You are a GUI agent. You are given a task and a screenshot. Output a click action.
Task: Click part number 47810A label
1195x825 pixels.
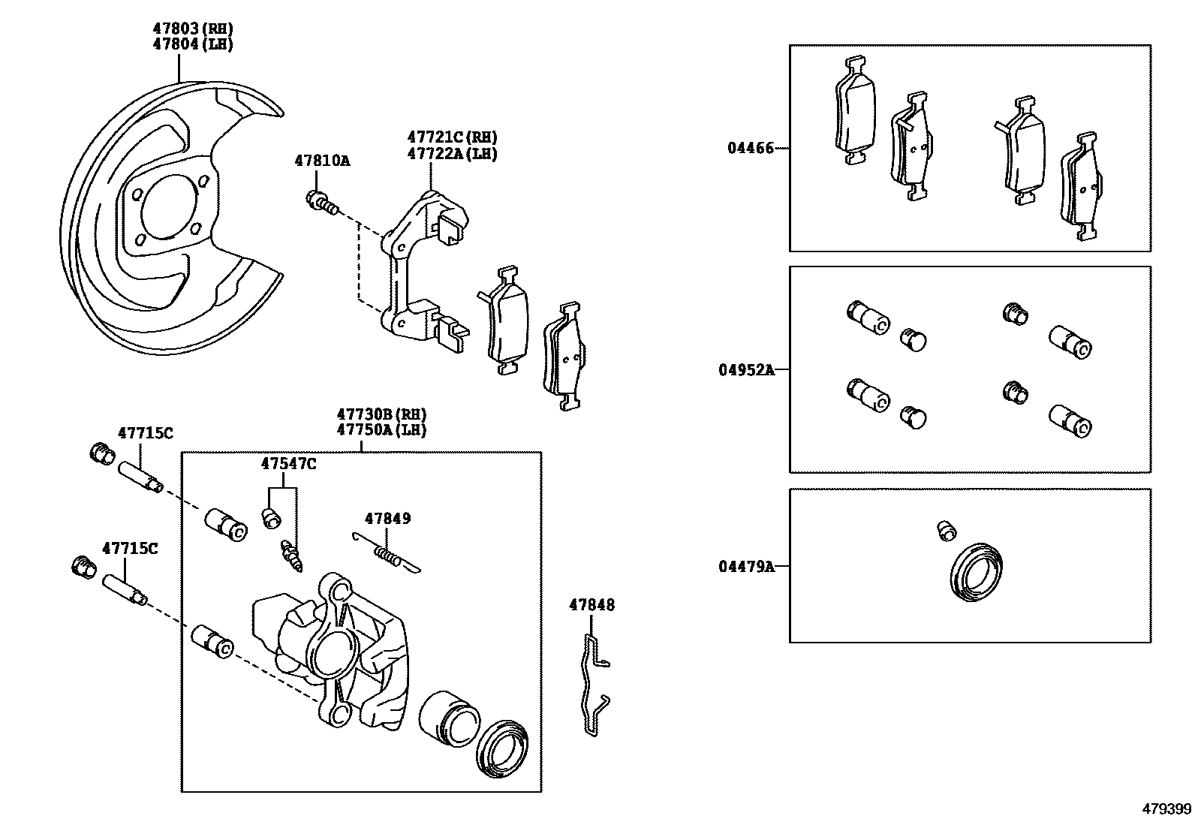[322, 161]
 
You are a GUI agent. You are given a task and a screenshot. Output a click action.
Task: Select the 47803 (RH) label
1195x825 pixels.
[193, 29]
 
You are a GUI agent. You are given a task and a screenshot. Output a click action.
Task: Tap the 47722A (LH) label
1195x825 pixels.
[452, 154]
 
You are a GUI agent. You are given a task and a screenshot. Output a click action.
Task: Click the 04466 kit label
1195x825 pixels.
[749, 148]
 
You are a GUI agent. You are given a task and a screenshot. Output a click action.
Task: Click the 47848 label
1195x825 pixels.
[591, 604]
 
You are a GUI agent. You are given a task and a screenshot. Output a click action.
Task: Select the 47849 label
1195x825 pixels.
[387, 518]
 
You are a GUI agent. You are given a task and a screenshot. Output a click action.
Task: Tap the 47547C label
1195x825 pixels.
[288, 464]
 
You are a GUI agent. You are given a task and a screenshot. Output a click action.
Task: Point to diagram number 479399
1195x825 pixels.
[1166, 809]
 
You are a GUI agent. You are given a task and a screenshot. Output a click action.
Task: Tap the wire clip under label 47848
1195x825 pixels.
[593, 683]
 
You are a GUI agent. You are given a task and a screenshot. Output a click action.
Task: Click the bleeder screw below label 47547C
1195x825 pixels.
[292, 556]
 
